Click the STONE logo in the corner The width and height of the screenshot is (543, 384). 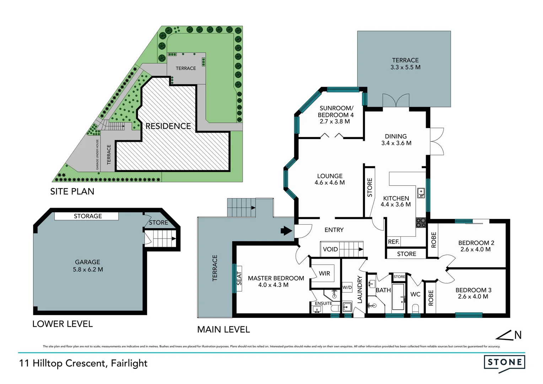click(504, 362)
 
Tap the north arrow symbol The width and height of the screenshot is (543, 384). click(509, 335)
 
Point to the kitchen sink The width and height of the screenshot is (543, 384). click(421, 193)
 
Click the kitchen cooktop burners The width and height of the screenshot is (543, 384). click(421, 223)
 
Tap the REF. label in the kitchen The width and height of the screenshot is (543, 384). click(393, 242)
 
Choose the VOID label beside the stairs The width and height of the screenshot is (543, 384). click(330, 249)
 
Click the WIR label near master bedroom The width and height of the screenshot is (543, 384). click(324, 273)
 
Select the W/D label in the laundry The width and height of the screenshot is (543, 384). click(347, 287)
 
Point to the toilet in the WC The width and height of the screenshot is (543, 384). click(415, 308)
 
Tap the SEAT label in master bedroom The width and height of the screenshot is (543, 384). click(239, 278)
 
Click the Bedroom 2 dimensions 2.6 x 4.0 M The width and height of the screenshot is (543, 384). click(475, 250)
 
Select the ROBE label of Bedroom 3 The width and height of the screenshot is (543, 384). click(431, 298)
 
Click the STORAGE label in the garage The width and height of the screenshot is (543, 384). click(88, 216)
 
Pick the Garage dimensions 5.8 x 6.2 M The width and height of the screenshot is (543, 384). click(88, 270)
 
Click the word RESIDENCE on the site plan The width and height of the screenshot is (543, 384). click(168, 126)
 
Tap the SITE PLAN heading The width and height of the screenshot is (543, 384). click(72, 192)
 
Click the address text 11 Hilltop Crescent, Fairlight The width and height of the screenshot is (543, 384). click(83, 363)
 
